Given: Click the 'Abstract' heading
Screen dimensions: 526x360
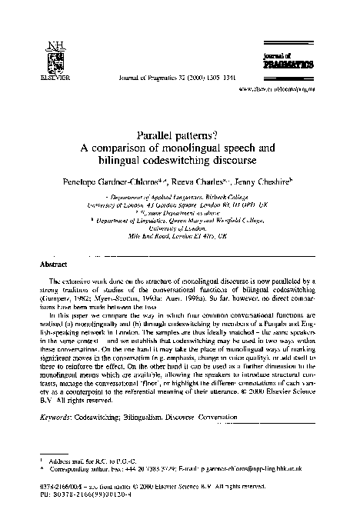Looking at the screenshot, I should click(52, 264).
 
